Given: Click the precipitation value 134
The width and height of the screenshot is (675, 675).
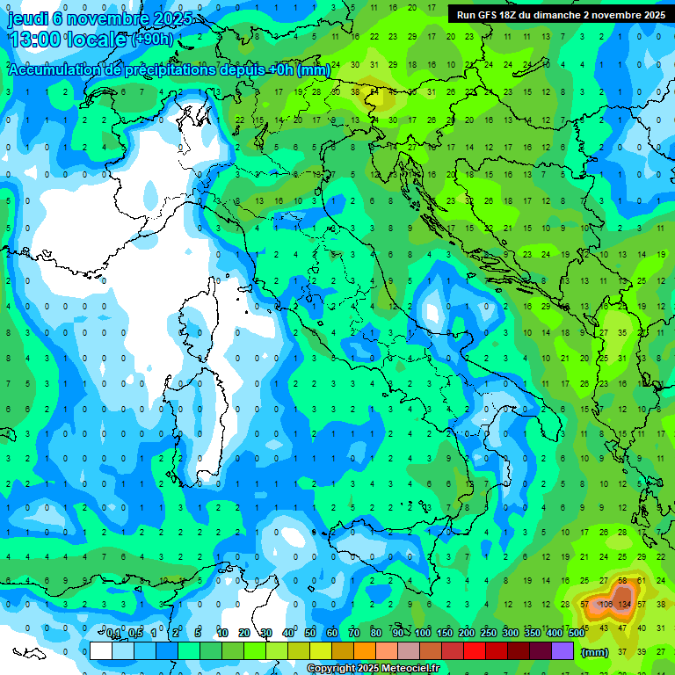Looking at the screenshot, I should [x=625, y=604].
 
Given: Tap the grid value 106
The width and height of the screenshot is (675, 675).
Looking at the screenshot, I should [x=606, y=604].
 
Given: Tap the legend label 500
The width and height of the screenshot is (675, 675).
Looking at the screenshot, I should [x=576, y=634].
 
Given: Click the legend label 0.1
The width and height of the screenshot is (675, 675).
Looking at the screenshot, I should [x=113, y=634].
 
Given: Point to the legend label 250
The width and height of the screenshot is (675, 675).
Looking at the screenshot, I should [x=489, y=634].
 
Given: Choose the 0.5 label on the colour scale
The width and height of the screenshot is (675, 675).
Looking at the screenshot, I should [x=135, y=634].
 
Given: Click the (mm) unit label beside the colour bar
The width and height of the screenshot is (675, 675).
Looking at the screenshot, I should [x=595, y=652].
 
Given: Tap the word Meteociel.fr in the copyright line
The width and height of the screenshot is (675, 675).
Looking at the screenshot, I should [x=417, y=669].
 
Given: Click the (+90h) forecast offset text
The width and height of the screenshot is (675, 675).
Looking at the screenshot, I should [x=153, y=40].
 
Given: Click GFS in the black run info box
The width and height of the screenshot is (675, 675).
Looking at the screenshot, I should [x=490, y=15].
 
